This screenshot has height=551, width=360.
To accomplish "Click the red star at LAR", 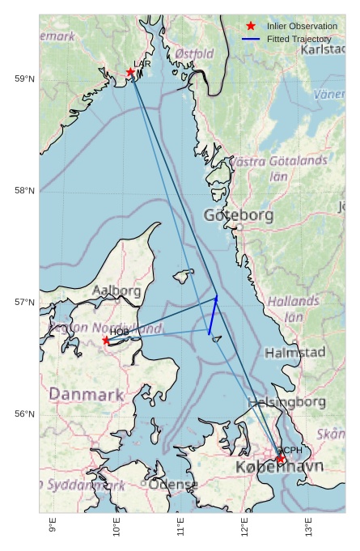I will pyautogui.click(x=130, y=72).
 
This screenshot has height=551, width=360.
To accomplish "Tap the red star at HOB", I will pyautogui.click(x=106, y=341).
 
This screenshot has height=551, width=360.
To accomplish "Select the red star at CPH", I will pyautogui.click(x=281, y=459).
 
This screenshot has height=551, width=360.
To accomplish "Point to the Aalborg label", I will pyautogui.click(x=116, y=290).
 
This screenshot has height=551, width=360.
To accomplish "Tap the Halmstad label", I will pyautogui.click(x=294, y=353).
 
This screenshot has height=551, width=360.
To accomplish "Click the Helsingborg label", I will pyautogui.click(x=286, y=402).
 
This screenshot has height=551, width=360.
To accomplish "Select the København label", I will pyautogui.click(x=279, y=467).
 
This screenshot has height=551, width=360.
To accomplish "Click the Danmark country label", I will pyautogui.click(x=87, y=395).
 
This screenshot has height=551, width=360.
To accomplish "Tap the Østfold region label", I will pyautogui.click(x=194, y=53).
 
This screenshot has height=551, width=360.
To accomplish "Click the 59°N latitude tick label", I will pyautogui.click(x=24, y=78).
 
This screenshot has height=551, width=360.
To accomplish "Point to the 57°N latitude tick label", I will pyautogui.click(x=24, y=303).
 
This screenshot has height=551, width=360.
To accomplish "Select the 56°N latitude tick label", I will pyautogui.click(x=24, y=414).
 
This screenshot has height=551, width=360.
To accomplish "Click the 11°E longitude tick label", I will pyautogui.click(x=180, y=527).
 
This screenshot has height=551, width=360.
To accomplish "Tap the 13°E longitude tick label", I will pyautogui.click(x=308, y=527).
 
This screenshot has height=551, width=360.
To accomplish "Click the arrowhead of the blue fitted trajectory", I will pyautogui.click(x=216, y=298).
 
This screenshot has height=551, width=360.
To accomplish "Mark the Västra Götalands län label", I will pyautogui.click(x=278, y=167).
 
